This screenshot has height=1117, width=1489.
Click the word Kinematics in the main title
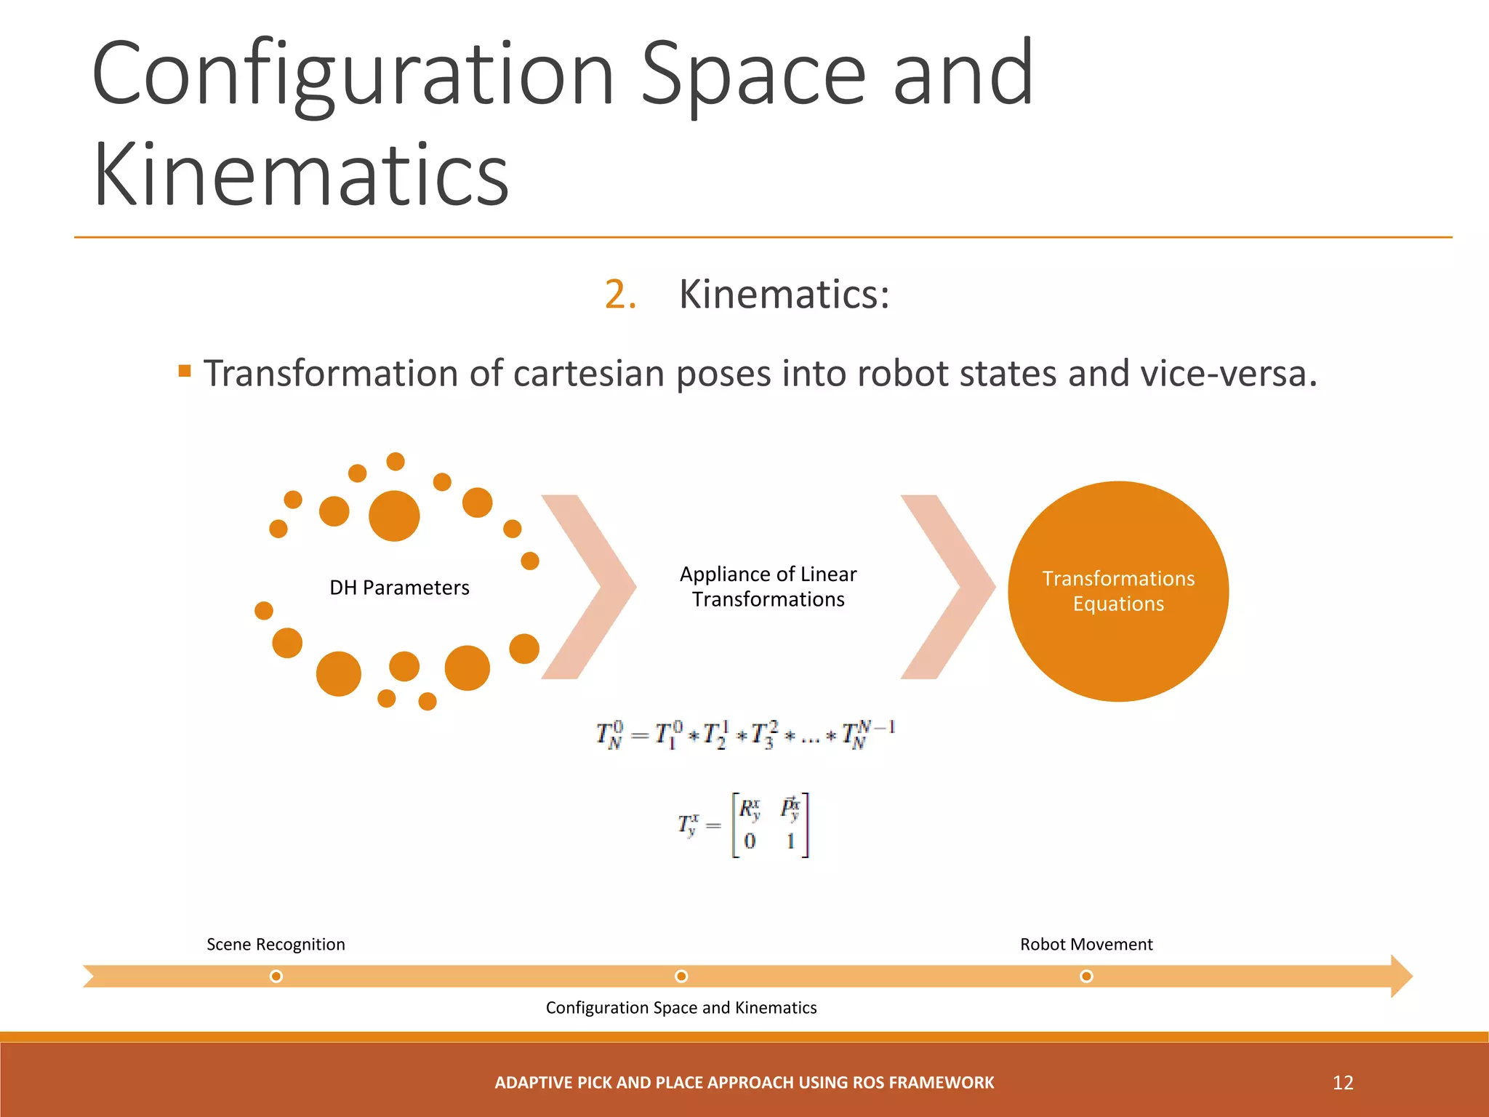click(301, 175)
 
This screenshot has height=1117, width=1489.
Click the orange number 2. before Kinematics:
click(620, 295)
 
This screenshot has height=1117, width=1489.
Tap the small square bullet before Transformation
click(185, 372)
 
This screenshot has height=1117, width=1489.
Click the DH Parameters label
click(399, 588)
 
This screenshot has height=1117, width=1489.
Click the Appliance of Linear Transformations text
click(768, 586)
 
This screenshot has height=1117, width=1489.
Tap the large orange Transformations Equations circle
click(1118, 591)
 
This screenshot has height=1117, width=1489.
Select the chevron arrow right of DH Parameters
click(589, 586)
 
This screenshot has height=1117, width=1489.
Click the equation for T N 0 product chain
click(745, 734)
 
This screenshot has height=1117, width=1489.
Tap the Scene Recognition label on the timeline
click(276, 944)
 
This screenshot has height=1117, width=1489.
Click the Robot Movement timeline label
click(1086, 944)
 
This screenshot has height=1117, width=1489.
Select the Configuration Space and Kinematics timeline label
click(681, 1007)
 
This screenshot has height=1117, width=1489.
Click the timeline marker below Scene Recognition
click(276, 976)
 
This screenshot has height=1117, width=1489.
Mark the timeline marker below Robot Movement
click(1086, 976)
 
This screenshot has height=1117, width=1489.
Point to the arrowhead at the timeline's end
click(1400, 976)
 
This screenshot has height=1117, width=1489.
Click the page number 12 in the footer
click(1343, 1082)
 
